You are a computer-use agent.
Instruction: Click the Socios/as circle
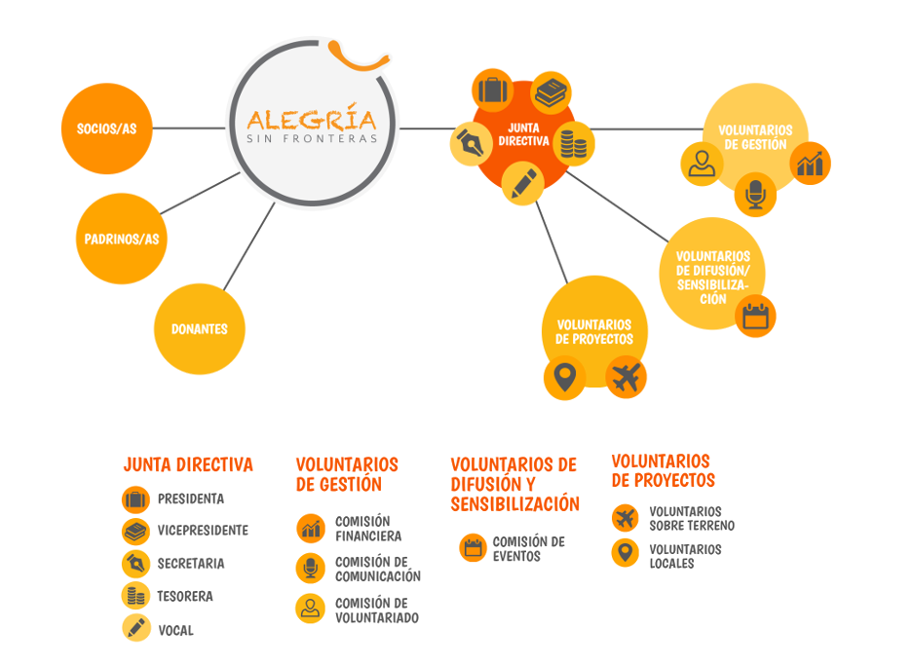107,129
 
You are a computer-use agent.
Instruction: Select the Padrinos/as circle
122,239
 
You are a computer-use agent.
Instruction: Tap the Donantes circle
199,329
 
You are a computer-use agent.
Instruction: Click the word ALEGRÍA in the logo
311,120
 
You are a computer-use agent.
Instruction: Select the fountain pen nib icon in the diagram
470,144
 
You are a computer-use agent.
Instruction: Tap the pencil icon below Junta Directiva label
522,182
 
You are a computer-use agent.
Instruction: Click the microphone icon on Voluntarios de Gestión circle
755,195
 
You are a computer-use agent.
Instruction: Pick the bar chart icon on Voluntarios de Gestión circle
810,163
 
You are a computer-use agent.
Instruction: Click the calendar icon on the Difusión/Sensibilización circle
755,315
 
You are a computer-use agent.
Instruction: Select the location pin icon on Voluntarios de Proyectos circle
563,376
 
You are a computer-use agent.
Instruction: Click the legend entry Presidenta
191,499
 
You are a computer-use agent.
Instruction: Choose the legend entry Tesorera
185,596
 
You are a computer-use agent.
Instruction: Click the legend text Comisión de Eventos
529,548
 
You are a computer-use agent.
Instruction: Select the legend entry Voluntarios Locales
685,556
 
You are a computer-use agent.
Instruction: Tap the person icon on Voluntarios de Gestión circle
701,163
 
